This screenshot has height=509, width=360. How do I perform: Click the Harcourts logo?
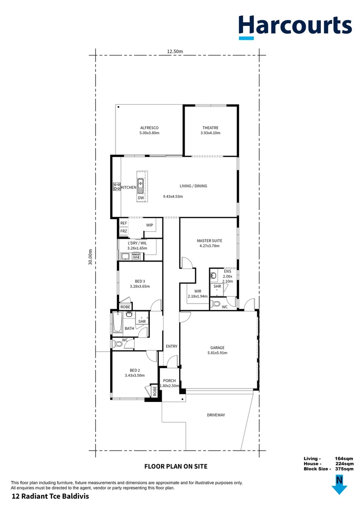click(295, 27)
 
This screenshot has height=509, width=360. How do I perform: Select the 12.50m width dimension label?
click(174, 51)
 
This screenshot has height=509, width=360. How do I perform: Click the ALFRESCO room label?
click(149, 128)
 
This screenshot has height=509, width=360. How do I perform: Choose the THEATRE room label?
click(210, 128)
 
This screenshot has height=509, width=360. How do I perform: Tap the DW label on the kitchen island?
click(140, 198)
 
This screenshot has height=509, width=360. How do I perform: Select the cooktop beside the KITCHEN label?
click(116, 187)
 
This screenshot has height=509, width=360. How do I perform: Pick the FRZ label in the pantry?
click(123, 231)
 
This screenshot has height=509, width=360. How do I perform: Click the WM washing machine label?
click(136, 257)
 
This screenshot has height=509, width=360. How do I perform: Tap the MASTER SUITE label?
click(209, 241)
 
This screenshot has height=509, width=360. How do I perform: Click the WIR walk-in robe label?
click(197, 291)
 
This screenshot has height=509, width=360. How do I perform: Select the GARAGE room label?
click(217, 348)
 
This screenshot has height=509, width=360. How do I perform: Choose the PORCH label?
click(169, 381)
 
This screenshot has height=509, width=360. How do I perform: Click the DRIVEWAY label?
click(216, 415)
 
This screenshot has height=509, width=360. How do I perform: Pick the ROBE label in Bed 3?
click(125, 307)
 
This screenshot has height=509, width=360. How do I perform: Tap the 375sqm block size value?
click(344, 469)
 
